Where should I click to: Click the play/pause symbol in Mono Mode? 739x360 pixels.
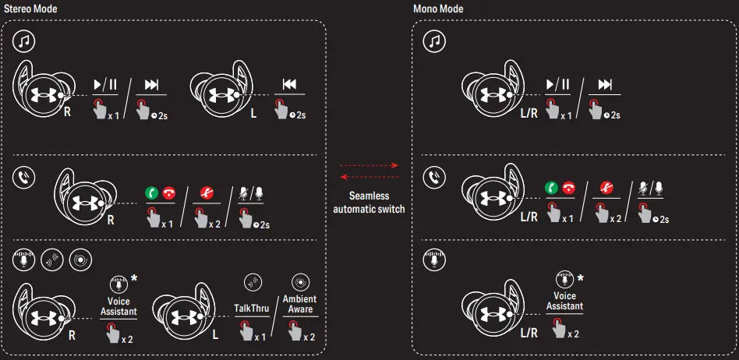pyautogui.click(x=557, y=84)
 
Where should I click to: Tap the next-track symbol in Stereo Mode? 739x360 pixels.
pyautogui.click(x=151, y=84)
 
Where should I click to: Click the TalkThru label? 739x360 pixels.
pyautogui.click(x=252, y=309)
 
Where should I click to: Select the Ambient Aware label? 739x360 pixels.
pyautogui.click(x=299, y=305)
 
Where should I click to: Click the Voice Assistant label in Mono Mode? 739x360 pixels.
pyautogui.click(x=564, y=301)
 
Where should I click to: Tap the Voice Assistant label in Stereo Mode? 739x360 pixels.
pyautogui.click(x=118, y=306)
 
